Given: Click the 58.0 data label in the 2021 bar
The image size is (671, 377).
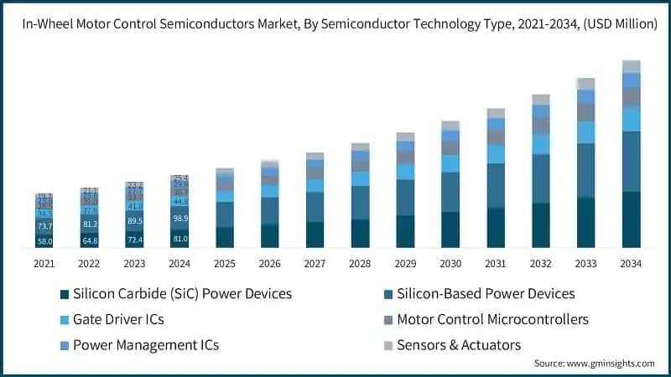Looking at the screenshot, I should click(44, 241).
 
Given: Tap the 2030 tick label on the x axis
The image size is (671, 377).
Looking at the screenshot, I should click(450, 263).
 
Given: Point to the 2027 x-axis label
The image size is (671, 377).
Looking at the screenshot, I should click(315, 263).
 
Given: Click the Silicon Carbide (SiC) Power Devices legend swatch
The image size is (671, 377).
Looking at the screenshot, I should click(65, 294).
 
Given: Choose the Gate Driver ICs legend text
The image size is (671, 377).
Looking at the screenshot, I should click(118, 319).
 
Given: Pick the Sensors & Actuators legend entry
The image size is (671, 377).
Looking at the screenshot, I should click(459, 344).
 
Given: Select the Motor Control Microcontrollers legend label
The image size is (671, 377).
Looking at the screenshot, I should click(492, 319).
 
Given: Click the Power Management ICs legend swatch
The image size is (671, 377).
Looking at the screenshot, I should click(65, 344).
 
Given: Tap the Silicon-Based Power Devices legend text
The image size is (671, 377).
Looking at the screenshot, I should click(486, 294).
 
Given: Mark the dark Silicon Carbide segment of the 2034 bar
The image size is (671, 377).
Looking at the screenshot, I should click(631, 219).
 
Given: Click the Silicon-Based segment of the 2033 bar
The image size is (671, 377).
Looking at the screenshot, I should click(585, 171).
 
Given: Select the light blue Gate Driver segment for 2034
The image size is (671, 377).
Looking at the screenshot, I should click(631, 119).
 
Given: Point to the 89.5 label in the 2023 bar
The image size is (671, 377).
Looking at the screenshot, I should click(135, 221).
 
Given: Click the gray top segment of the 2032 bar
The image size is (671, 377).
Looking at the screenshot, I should click(540, 100).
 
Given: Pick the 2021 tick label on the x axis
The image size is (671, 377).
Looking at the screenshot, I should click(44, 263).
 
